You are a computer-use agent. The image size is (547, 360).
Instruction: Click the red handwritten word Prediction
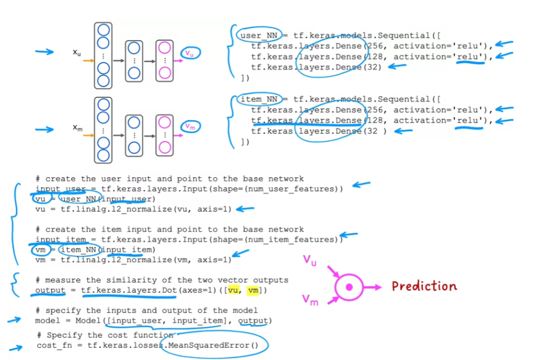(424, 286)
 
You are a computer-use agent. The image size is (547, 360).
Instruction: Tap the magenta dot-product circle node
(349, 287)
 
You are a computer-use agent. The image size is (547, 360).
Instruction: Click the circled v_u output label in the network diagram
(190, 53)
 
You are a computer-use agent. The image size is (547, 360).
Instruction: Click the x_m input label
(77, 128)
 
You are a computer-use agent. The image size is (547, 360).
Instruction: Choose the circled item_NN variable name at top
(259, 99)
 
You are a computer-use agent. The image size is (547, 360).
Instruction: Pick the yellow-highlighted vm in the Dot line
(253, 290)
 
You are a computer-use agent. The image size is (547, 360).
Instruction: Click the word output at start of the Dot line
(50, 290)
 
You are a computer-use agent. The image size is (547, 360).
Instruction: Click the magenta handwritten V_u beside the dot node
(310, 260)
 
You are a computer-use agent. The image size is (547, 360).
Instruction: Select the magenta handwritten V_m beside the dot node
(310, 299)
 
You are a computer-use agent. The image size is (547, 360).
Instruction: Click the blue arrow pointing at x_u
(44, 52)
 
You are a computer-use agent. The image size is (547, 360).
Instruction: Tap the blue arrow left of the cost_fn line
(16, 348)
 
